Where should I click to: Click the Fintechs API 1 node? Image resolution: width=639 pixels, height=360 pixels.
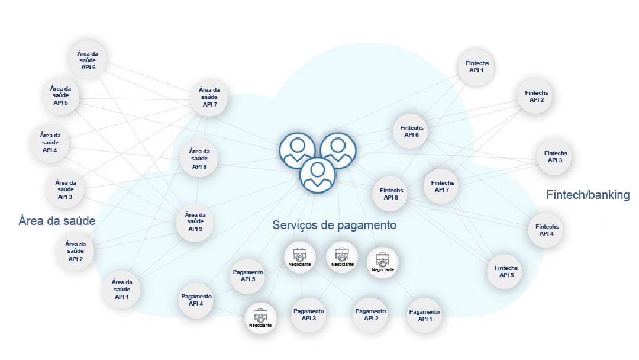[476, 66]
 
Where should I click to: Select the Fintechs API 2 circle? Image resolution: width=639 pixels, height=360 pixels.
[536, 96]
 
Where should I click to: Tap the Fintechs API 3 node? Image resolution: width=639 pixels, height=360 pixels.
[555, 156]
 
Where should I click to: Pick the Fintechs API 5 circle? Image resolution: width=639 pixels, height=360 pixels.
[505, 271]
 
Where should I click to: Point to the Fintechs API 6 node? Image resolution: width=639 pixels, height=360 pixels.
[411, 131]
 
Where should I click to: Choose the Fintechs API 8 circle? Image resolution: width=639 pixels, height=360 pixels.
[391, 194]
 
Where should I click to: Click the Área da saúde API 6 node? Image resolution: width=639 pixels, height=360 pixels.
[87, 60]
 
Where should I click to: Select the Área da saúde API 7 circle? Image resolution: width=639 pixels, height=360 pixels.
[209, 97]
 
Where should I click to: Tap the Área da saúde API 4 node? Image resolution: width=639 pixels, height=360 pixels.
[50, 142]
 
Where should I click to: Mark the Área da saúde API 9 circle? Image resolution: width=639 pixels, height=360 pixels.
[195, 221]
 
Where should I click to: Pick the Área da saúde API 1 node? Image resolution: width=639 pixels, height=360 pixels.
[122, 289]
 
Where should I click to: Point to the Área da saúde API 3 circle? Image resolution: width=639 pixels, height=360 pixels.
[65, 189]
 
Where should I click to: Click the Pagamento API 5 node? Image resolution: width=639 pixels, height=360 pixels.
[248, 275]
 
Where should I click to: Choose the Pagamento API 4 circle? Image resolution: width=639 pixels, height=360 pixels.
[196, 300]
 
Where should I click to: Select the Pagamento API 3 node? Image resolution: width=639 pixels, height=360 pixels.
[309, 314]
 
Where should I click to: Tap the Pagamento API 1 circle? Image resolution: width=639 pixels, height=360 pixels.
[424, 315]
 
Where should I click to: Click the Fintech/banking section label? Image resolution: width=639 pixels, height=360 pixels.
[588, 195]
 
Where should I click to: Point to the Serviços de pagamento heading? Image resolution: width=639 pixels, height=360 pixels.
[334, 226]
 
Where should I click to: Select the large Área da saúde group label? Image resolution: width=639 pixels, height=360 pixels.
[57, 221]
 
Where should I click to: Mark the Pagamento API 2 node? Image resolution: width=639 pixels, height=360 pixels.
[370, 314]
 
